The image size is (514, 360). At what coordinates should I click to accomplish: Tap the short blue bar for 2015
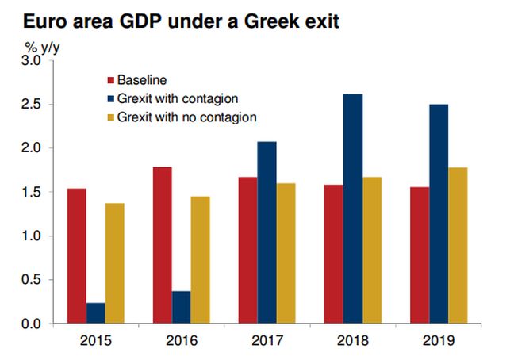[95, 313]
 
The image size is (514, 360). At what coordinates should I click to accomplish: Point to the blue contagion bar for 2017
[267, 232]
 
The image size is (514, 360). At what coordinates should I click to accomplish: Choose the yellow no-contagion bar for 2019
[458, 246]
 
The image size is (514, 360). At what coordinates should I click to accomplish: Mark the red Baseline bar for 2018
[333, 255]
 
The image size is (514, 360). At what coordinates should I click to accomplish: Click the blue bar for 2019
[438, 214]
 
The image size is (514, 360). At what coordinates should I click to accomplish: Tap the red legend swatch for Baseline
[110, 80]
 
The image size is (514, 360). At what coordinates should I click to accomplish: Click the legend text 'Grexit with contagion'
[177, 99]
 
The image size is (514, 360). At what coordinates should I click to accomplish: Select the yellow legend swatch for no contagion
[110, 118]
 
